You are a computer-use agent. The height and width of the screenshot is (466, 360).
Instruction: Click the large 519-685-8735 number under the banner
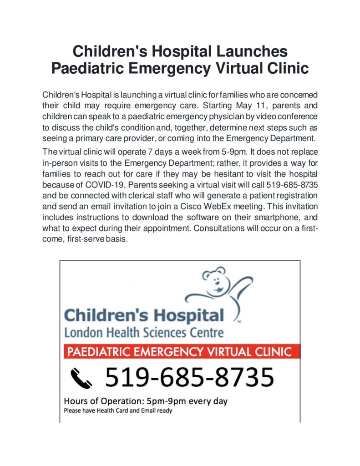point(189,377)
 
